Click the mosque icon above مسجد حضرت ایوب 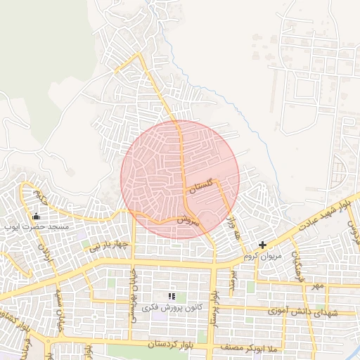(x=37, y=216)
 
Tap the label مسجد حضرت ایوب (x=36, y=227)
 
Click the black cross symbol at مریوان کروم (x=262, y=245)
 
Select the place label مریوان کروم (x=262, y=256)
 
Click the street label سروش (x=188, y=219)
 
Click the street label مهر (x=319, y=286)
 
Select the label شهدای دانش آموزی (x=303, y=310)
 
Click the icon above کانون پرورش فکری (x=172, y=297)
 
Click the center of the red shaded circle (x=180, y=179)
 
